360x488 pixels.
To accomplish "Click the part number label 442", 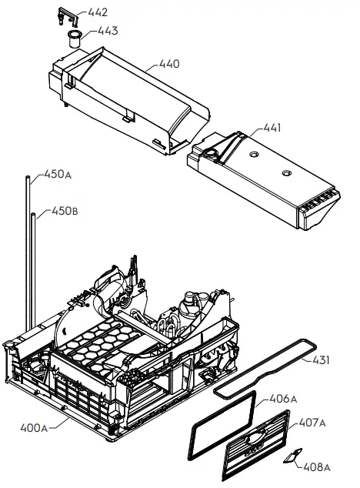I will pyautogui.click(x=98, y=12).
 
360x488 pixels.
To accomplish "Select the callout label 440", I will pyautogui.click(x=169, y=64).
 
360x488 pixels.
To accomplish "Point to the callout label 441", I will pyautogui.click(x=272, y=127).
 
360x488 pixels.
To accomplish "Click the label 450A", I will pyautogui.click(x=58, y=175).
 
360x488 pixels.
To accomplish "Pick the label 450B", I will pyautogui.click(x=65, y=210).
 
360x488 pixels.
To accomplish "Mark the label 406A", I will pyautogui.click(x=280, y=399).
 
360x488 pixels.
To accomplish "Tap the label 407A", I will pyautogui.click(x=312, y=423).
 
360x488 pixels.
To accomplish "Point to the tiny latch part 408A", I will pyautogui.click(x=290, y=457).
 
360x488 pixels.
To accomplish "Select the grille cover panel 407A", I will pyautogui.click(x=255, y=444).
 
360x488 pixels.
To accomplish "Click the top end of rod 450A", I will pyautogui.click(x=27, y=179).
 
